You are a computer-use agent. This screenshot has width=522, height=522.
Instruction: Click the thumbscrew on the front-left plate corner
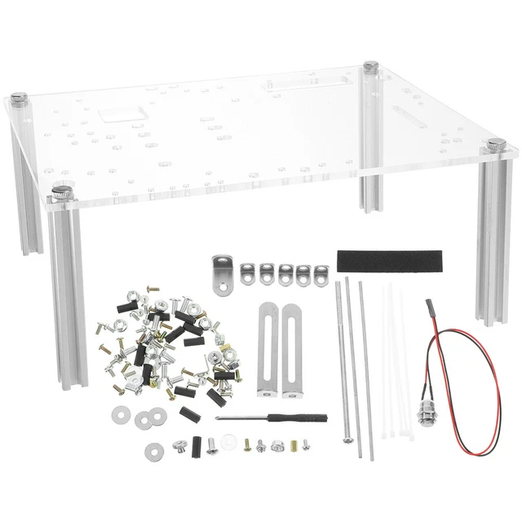[62, 192]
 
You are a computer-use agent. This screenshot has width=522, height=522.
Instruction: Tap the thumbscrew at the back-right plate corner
[371, 65]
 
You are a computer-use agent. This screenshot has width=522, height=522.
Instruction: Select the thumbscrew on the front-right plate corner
[497, 144]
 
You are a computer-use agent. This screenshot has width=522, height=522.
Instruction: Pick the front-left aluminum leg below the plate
[69, 294]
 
